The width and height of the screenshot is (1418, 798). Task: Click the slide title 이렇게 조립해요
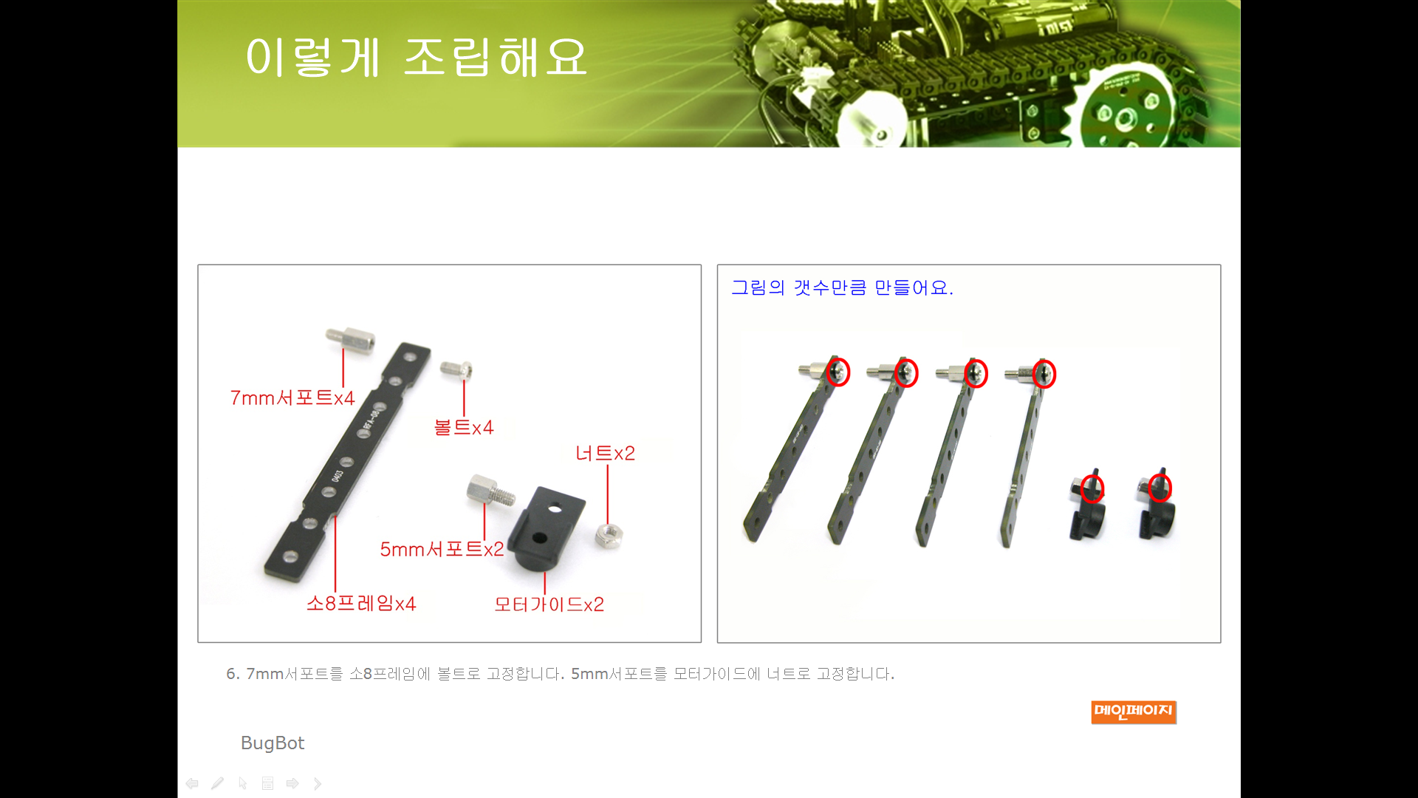[x=416, y=57]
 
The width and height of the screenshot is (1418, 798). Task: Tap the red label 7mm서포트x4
[x=292, y=398]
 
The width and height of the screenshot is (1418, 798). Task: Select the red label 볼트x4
[x=464, y=427]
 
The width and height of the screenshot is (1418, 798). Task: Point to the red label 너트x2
[x=605, y=453]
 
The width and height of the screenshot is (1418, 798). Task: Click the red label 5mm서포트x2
[x=442, y=549]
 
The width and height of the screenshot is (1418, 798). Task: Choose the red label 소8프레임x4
[x=361, y=604]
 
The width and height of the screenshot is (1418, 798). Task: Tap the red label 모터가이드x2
[x=549, y=604]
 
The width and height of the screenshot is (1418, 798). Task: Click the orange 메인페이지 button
[x=1134, y=712]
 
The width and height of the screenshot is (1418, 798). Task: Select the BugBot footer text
[x=273, y=743]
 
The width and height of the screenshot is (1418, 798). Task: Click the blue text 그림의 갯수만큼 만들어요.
[x=842, y=287]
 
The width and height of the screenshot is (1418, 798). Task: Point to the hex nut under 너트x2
[x=610, y=535]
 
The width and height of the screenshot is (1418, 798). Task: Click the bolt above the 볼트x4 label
[x=456, y=369]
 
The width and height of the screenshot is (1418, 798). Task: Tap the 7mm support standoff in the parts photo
[x=350, y=340]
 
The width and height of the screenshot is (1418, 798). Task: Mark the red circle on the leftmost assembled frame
[x=838, y=372]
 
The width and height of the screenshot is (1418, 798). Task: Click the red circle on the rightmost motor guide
[x=1160, y=488]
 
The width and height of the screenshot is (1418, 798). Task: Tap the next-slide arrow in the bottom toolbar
[x=292, y=783]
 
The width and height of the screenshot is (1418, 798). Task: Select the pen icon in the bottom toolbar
[x=217, y=783]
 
